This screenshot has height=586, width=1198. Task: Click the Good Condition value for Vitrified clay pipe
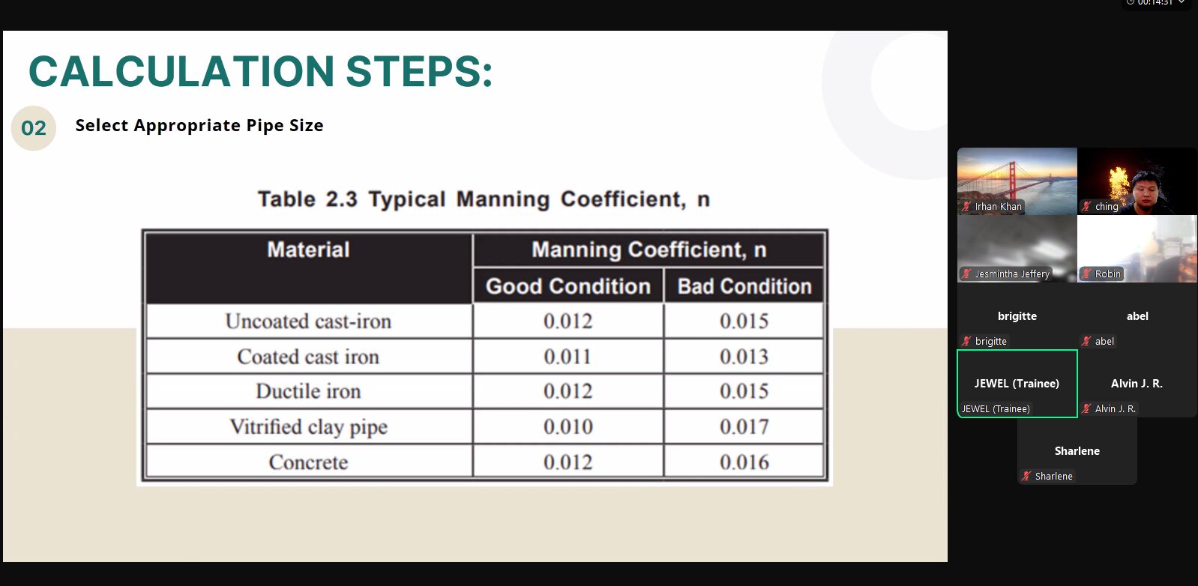pyautogui.click(x=568, y=426)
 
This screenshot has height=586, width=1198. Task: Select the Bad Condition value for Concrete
pyautogui.click(x=744, y=462)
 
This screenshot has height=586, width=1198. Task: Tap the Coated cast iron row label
pyautogui.click(x=308, y=357)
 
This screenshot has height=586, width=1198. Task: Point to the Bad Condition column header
pyautogui.click(x=744, y=286)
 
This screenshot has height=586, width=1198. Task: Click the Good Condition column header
pyautogui.click(x=568, y=286)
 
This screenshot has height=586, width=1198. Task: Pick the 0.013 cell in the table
pyautogui.click(x=744, y=357)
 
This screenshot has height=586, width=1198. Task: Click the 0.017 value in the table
pyautogui.click(x=744, y=426)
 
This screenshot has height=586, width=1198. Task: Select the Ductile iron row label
pyautogui.click(x=308, y=391)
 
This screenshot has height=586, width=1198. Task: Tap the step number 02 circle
pyautogui.click(x=34, y=128)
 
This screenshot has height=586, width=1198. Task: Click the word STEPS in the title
pyautogui.click(x=419, y=71)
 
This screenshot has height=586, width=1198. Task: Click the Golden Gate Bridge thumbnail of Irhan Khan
pyautogui.click(x=1017, y=181)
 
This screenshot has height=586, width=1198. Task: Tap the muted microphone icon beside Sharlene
pyautogui.click(x=1026, y=476)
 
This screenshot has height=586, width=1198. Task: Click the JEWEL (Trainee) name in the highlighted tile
pyautogui.click(x=1017, y=384)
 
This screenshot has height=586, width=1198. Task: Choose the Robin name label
pyautogui.click(x=1107, y=274)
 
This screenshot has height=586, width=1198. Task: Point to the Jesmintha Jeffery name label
pyautogui.click(x=1012, y=274)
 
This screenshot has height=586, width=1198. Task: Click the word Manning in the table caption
pyautogui.click(x=503, y=199)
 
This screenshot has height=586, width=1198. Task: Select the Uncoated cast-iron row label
pyautogui.click(x=308, y=321)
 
